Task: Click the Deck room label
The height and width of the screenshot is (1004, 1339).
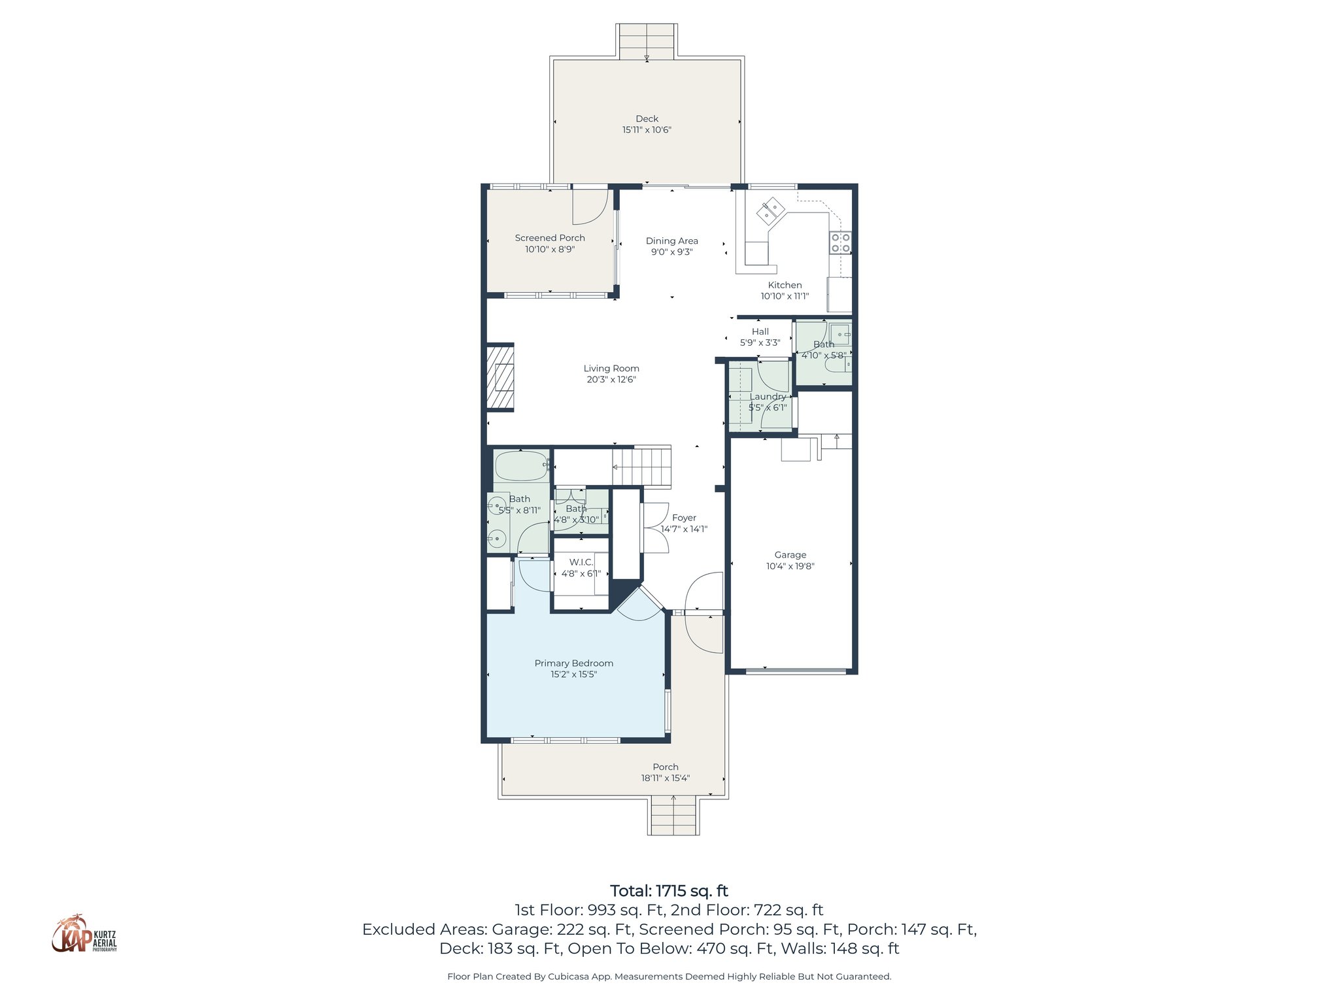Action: [x=647, y=118]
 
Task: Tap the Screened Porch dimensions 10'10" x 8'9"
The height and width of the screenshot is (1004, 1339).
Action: [x=549, y=249]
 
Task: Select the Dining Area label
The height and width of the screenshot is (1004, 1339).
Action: [x=671, y=241]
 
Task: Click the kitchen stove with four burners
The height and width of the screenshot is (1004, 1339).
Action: [x=840, y=243]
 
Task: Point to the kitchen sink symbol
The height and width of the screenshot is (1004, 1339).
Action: [x=770, y=210]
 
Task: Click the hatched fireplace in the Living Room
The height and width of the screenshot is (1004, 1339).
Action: [x=500, y=377]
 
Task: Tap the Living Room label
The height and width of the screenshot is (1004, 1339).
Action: [x=611, y=368]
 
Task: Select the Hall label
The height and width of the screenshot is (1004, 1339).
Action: [x=760, y=331]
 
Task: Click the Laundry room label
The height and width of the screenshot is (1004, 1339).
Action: [x=768, y=396]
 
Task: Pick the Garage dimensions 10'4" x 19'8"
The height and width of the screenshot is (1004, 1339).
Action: [x=790, y=566]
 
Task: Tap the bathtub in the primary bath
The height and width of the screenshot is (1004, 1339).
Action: [x=521, y=466]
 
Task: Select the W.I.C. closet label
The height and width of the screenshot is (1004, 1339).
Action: [x=581, y=562]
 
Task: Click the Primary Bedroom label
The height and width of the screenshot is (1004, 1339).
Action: [x=573, y=663]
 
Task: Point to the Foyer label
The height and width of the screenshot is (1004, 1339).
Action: [x=684, y=517]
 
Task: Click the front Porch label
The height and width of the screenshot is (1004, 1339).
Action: [x=665, y=767]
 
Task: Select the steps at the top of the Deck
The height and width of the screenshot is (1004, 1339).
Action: [x=647, y=41]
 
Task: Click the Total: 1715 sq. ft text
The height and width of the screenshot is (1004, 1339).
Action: [x=669, y=891]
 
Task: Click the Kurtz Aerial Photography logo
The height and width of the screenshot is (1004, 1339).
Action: [x=84, y=934]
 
